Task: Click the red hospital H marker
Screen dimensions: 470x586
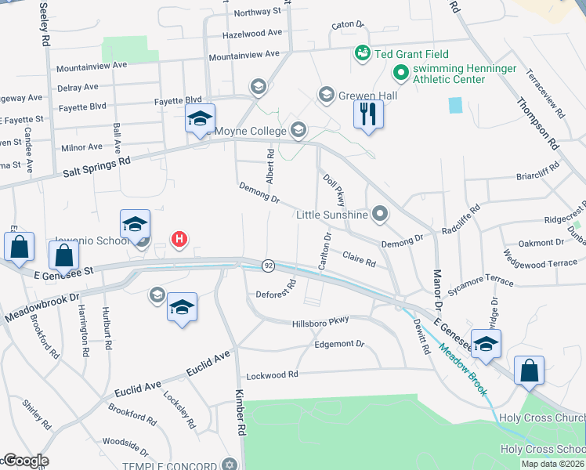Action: pyautogui.click(x=179, y=239)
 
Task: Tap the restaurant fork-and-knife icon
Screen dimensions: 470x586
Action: pyautogui.click(x=367, y=114)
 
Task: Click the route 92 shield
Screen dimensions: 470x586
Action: pyautogui.click(x=268, y=266)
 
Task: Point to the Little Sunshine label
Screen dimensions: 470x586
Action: pyautogui.click(x=332, y=215)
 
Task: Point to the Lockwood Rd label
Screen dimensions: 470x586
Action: pyautogui.click(x=272, y=375)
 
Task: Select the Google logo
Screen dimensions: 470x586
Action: pyautogui.click(x=25, y=461)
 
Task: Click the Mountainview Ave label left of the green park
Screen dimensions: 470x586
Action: pyautogui.click(x=91, y=65)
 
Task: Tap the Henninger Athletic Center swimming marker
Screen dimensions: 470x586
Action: pyautogui.click(x=401, y=74)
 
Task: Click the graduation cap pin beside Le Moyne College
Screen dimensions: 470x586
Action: pyautogui.click(x=200, y=118)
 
